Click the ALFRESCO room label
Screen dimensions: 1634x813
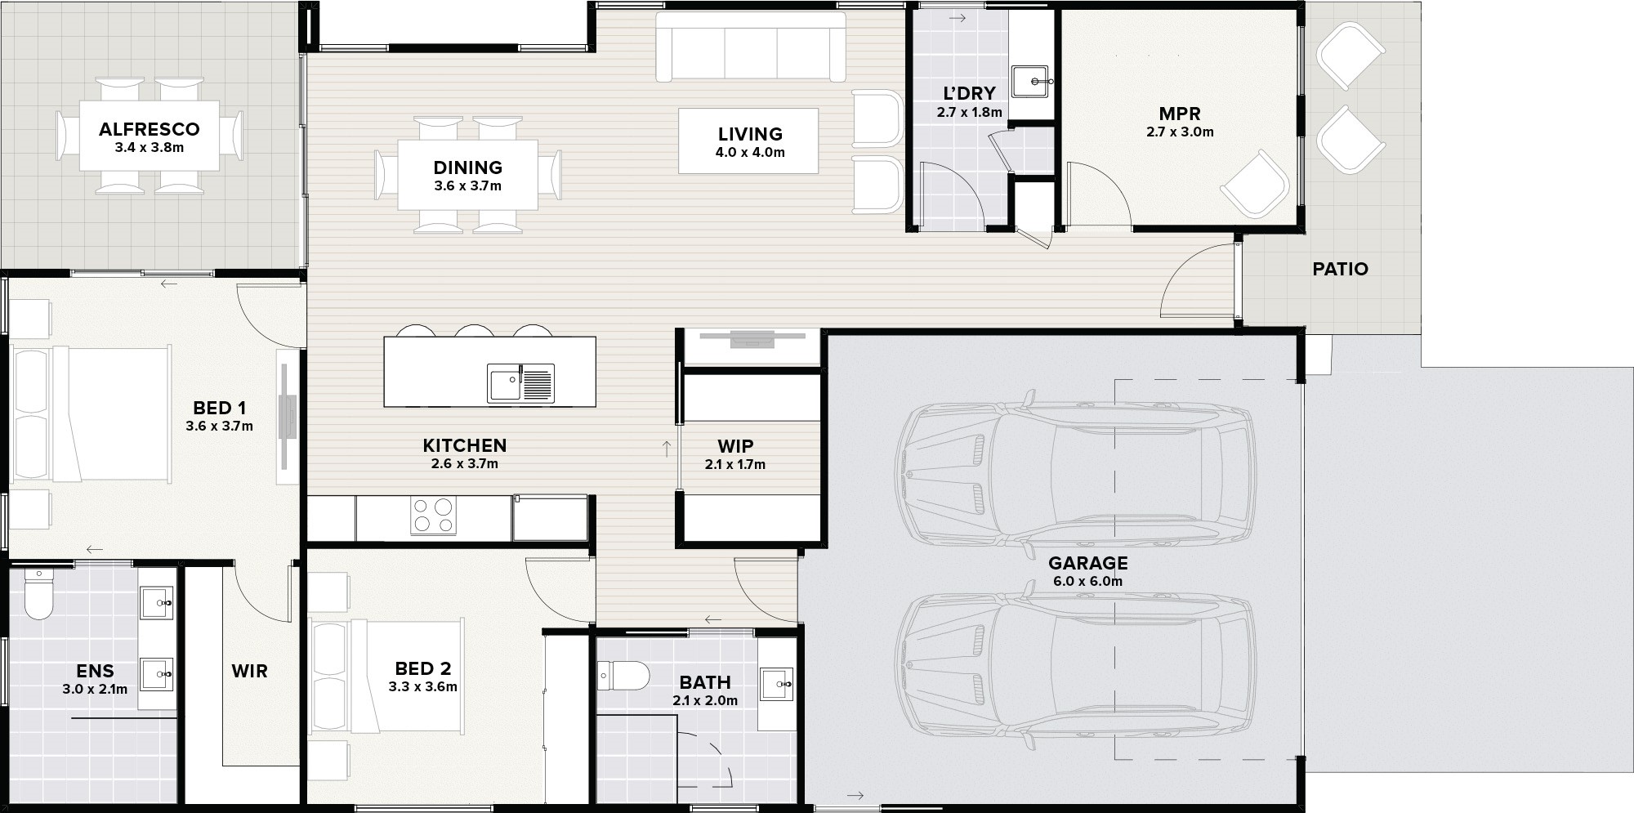[x=149, y=129]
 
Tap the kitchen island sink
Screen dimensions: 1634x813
[x=520, y=383]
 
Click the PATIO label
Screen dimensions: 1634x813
[x=1340, y=269]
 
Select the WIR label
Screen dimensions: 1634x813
[x=249, y=672]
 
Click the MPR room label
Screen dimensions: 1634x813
[x=1180, y=114]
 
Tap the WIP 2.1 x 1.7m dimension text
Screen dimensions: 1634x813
[x=735, y=465]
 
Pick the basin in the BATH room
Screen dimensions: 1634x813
[x=776, y=684]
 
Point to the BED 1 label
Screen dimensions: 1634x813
[x=219, y=408]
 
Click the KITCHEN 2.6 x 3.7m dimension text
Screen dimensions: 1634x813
[x=465, y=464]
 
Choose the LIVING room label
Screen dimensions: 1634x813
[x=750, y=134]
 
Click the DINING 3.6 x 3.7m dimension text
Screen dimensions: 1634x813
[x=468, y=186]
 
